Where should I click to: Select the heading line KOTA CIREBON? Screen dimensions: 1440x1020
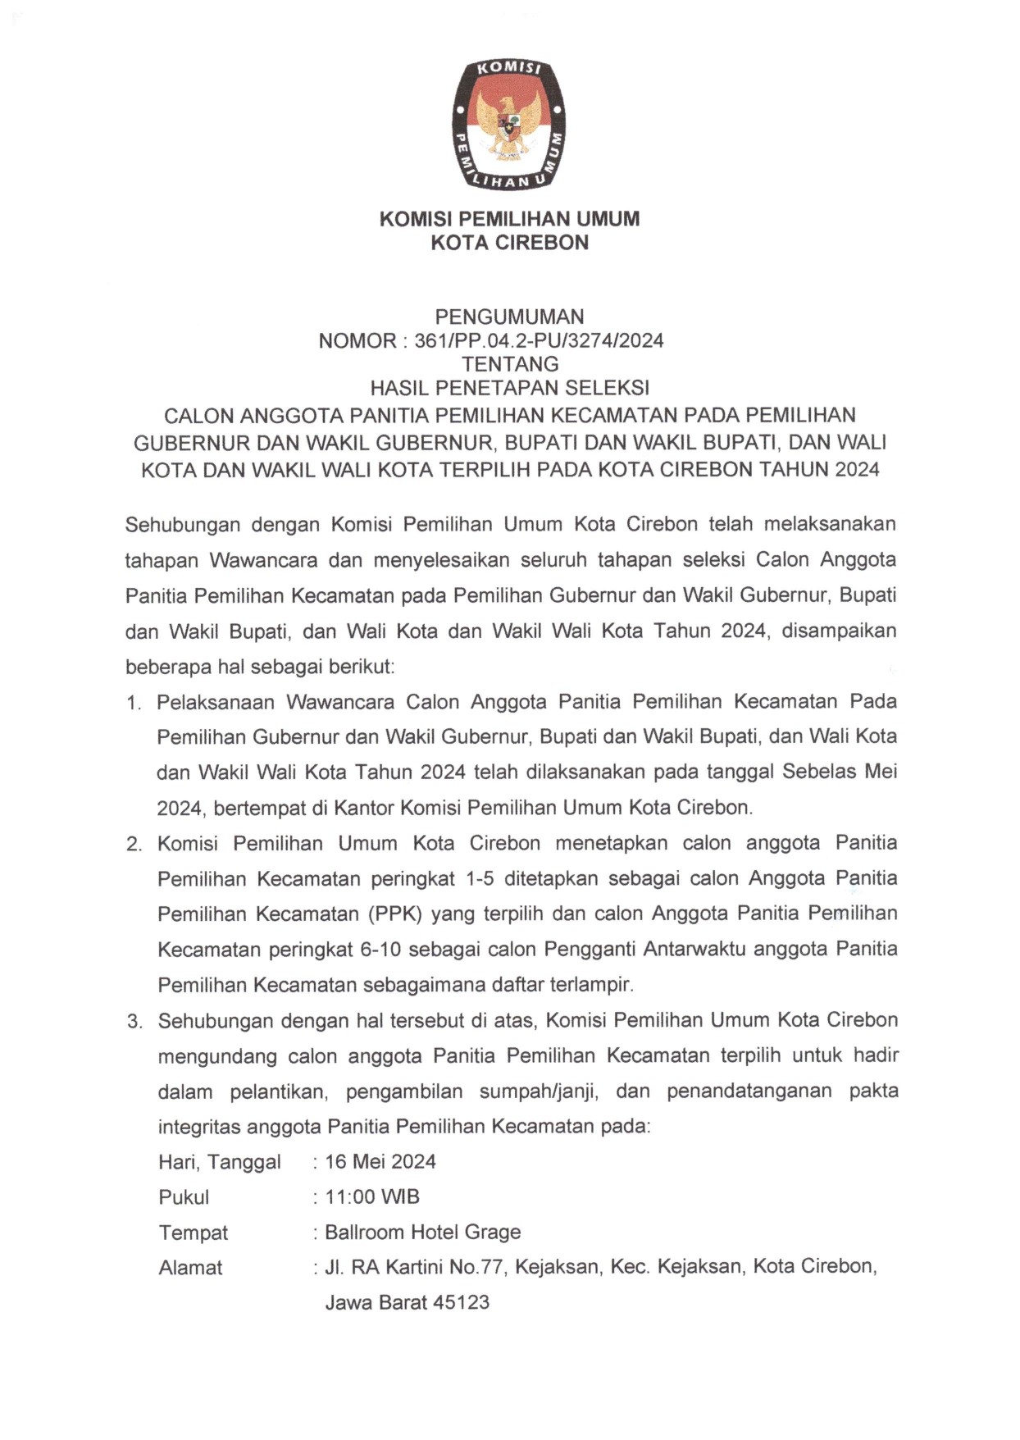[x=509, y=243]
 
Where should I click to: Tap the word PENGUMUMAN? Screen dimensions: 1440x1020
[x=509, y=317]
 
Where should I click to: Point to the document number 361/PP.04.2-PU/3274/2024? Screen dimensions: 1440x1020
[x=539, y=341]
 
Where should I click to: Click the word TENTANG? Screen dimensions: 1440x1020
[x=509, y=364]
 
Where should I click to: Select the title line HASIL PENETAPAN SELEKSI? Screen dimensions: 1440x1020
[x=509, y=388]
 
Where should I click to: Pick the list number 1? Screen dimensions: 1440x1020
[x=134, y=704]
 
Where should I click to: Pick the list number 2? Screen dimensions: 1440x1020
[x=134, y=845]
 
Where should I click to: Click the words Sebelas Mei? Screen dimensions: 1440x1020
[x=840, y=772]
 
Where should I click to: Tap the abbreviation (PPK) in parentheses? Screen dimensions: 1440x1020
[x=394, y=914]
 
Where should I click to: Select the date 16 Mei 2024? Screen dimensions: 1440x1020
[x=380, y=1162]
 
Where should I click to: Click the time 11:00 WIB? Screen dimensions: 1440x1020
[x=372, y=1197]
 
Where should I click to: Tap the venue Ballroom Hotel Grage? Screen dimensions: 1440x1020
[x=423, y=1233]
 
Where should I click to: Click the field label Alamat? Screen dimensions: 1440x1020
[x=190, y=1268]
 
